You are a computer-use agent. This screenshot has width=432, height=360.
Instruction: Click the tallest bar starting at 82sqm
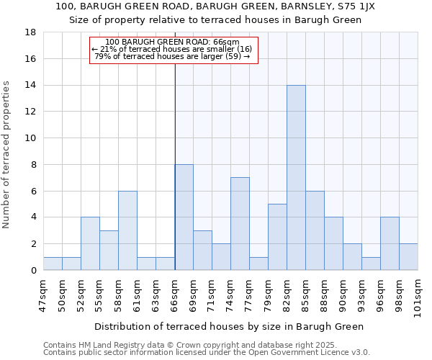coord(296,178)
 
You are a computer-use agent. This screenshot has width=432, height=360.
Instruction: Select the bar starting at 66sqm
coord(184,217)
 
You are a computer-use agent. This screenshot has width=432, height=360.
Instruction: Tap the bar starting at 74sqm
coord(240,224)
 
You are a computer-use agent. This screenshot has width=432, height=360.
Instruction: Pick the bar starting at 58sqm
coord(127,230)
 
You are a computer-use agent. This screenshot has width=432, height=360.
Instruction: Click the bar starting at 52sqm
coord(90,243)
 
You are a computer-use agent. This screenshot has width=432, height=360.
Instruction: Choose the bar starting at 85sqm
coord(315,230)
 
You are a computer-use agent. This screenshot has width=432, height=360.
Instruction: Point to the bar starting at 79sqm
coord(277,237)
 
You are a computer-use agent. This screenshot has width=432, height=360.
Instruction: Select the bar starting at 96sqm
coord(390,243)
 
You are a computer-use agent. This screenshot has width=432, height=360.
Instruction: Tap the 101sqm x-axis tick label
coord(418,297)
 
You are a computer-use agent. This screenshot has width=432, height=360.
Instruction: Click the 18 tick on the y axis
coord(31,32)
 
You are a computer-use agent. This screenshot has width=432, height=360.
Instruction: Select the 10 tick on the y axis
coord(31,138)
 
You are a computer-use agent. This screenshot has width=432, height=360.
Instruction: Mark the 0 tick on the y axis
coord(34,270)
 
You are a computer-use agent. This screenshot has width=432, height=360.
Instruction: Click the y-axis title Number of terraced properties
coord(6,155)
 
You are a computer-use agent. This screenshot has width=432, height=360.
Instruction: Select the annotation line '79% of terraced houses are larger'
coord(173,56)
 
